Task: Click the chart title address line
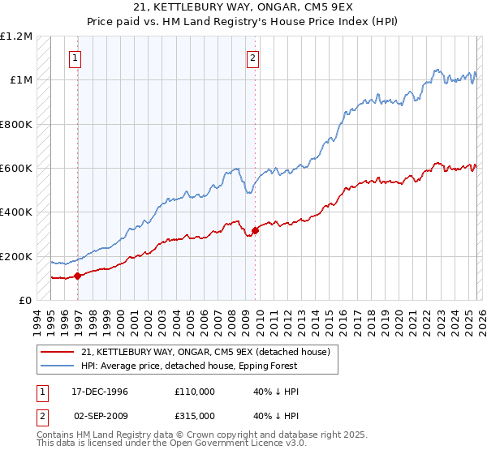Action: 243,7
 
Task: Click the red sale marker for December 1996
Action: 78,276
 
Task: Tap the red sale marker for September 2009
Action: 255,230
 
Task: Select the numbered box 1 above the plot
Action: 75,58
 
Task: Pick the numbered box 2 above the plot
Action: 253,58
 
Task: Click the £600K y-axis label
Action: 16,169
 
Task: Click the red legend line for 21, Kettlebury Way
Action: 58,353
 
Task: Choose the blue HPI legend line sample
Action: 58,366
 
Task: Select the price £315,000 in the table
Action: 194,414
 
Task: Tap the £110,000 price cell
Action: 194,392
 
